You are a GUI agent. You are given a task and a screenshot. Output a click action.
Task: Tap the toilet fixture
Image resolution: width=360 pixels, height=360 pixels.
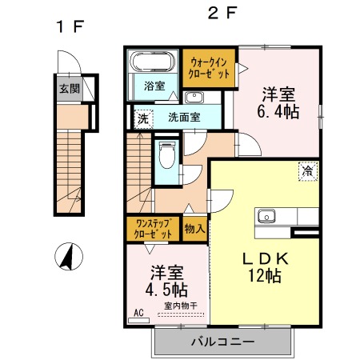(167, 155)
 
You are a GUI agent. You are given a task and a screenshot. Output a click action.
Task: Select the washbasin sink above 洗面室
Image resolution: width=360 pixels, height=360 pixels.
(194, 97)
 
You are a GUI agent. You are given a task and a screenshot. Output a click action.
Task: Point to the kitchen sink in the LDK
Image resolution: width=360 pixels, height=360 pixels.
(266, 216)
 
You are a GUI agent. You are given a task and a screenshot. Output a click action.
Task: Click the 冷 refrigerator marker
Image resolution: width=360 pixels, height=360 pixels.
(308, 171)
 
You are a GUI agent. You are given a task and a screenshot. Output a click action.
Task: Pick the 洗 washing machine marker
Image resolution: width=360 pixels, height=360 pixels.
(143, 118)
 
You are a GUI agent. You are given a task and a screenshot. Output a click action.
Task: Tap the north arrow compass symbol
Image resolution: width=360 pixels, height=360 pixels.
(69, 257)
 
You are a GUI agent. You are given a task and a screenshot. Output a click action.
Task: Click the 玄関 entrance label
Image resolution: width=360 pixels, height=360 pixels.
(70, 89)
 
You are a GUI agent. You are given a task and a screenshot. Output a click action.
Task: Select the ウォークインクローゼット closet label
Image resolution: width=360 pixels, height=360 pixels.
(209, 68)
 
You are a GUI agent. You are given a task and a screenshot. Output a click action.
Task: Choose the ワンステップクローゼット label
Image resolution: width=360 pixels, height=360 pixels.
(153, 229)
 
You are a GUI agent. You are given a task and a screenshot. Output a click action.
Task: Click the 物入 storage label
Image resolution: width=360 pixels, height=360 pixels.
(195, 229)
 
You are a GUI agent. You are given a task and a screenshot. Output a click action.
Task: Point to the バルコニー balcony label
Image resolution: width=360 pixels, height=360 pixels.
(223, 341)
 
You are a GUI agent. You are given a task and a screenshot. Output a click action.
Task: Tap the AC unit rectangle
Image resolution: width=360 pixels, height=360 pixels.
(138, 320)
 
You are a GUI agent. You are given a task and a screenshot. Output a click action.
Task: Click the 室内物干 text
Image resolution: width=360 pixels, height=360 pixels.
(181, 306)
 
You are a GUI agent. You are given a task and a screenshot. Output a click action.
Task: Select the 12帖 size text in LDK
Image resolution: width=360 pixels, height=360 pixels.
(265, 275)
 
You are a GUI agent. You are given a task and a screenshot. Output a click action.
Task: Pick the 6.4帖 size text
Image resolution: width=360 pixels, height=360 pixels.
(278, 111)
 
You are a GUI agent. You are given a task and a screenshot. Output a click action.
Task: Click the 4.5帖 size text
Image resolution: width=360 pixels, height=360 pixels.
(166, 290)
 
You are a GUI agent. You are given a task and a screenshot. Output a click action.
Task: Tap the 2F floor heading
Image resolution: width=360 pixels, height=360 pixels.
(222, 13)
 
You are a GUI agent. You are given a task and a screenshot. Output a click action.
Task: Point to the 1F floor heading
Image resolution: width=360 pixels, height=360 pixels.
(70, 26)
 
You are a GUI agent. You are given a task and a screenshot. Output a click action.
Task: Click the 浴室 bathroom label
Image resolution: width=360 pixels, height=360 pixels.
(154, 86)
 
